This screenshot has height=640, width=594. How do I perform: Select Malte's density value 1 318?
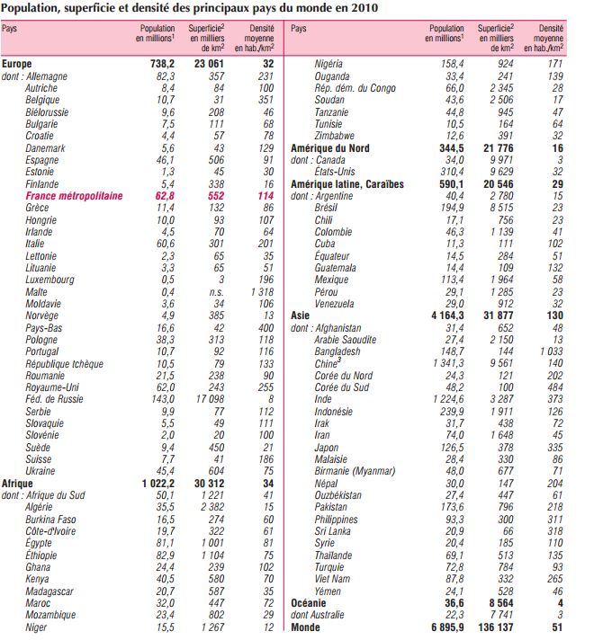[x=260, y=292]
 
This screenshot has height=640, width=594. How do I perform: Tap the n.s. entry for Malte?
[x=217, y=292]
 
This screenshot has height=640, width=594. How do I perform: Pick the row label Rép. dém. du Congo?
[x=355, y=88]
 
